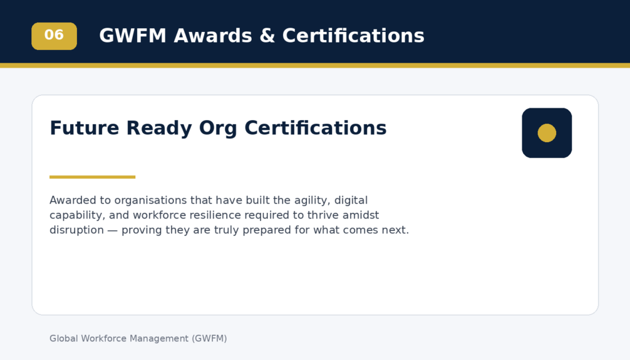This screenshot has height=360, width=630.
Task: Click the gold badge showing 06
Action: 54,36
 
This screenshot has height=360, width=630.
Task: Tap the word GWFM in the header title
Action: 133,36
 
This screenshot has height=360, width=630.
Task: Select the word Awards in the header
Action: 213,36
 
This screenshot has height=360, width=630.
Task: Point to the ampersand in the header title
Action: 267,36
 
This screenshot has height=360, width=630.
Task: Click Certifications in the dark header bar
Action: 353,36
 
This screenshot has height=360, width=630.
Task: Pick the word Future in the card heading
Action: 84,128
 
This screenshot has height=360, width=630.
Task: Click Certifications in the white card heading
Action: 316,128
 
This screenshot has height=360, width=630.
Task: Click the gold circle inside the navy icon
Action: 547,133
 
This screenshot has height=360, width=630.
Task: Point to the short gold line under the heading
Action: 92,177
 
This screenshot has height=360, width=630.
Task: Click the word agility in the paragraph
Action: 312,201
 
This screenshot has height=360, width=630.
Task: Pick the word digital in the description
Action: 351,201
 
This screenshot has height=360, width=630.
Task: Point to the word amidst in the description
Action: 361,215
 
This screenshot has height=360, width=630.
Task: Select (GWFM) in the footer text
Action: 209,338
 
